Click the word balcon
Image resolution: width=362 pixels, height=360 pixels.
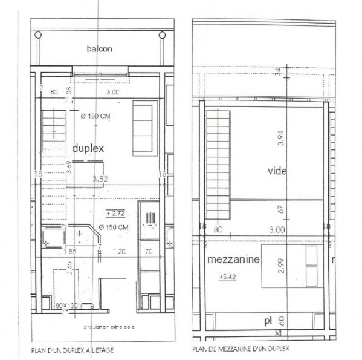pyautogui.click(x=100, y=49)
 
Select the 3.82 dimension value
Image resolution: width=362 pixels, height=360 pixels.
pyautogui.click(x=100, y=179)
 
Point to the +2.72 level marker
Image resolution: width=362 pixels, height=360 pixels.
pyautogui.click(x=115, y=213)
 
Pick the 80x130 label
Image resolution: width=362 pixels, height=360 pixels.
pyautogui.click(x=66, y=306)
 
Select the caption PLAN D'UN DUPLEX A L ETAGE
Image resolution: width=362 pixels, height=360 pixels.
pyautogui.click(x=71, y=350)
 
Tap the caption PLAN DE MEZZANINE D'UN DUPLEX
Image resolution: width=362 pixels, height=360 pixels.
pyautogui.click(x=241, y=349)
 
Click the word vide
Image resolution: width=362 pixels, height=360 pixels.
pyautogui.click(x=277, y=171)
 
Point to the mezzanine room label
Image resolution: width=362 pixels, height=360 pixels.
pyautogui.click(x=233, y=260)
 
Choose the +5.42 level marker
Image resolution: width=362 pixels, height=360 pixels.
pyautogui.click(x=228, y=277)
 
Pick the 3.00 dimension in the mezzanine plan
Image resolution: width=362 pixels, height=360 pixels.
pyautogui.click(x=278, y=230)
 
